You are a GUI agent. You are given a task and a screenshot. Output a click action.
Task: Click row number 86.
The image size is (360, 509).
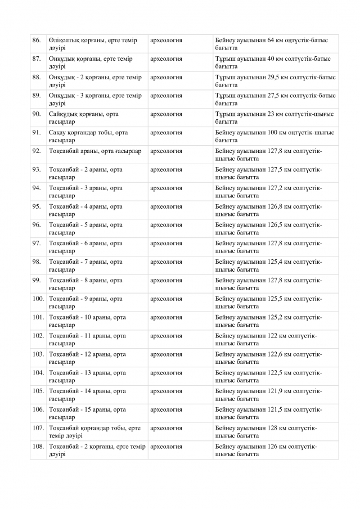coord(37,40)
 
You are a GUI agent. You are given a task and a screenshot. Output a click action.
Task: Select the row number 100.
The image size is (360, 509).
coord(38,299)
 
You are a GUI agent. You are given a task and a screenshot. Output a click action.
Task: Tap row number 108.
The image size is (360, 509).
coord(38,447)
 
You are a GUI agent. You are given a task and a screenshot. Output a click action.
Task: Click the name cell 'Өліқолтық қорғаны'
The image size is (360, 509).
coord(96,44)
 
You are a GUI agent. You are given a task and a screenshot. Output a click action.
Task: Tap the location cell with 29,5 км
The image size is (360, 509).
coord(275,80)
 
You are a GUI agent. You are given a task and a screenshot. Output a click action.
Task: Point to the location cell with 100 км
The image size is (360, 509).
coord(274,136)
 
